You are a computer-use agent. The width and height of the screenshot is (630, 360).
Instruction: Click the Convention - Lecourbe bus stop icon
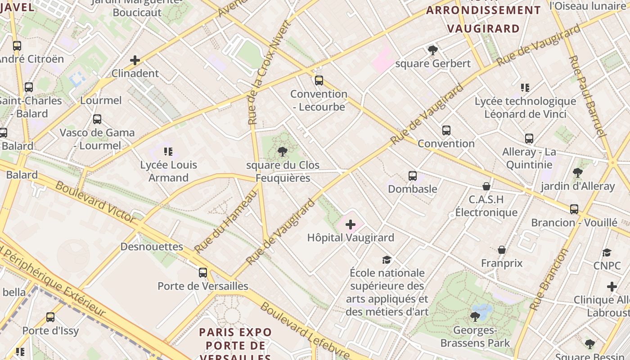click(319, 81)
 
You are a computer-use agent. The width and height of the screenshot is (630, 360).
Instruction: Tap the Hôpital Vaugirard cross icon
click(350, 225)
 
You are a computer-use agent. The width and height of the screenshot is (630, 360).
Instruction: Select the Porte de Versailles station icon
click(203, 272)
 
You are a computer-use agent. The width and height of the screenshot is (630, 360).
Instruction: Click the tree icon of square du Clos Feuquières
click(283, 151)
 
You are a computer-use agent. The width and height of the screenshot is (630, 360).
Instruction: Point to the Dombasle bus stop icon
click(412, 176)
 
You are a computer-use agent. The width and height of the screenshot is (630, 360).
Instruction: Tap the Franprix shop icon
click(501, 250)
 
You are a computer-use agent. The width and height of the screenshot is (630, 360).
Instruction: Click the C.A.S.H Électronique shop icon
click(486, 186)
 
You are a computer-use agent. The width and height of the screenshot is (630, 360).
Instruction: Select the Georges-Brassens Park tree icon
click(475, 317)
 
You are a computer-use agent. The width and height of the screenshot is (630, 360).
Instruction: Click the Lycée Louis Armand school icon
click(168, 152)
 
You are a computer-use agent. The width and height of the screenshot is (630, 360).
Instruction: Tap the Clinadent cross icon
click(135, 60)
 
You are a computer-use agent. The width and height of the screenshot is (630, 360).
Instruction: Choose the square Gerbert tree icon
click(432, 50)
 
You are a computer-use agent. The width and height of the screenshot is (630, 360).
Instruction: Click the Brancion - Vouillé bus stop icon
click(574, 209)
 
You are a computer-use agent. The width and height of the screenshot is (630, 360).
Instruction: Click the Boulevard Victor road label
click(95, 202)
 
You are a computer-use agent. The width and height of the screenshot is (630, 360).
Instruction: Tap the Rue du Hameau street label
click(226, 221)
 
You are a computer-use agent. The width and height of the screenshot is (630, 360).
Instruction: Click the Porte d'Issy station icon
click(50, 317)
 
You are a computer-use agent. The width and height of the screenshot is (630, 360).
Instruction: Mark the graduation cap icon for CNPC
click(607, 253)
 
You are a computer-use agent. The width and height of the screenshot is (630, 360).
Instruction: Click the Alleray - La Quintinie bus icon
click(529, 139)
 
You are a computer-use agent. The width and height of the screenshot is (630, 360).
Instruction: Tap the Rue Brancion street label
click(549, 279)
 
